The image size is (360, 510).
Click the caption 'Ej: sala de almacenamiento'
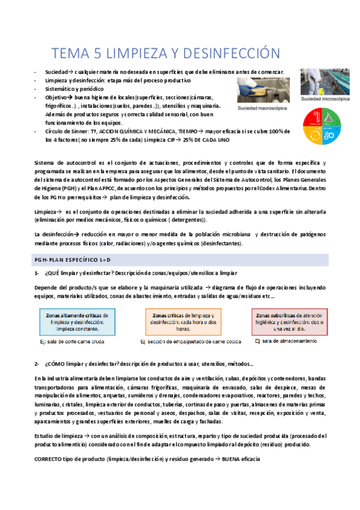pos(286,341)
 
